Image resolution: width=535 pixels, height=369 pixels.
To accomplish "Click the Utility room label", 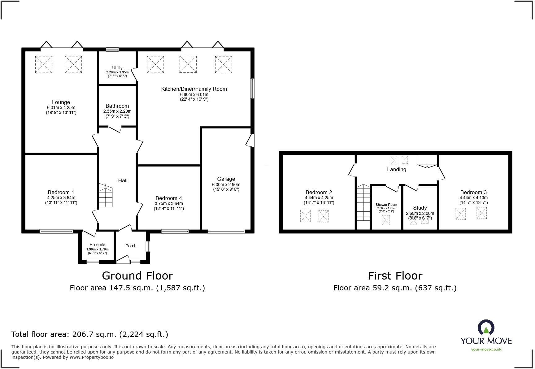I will (117, 68).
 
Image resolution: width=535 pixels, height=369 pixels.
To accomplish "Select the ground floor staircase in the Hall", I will (106, 195).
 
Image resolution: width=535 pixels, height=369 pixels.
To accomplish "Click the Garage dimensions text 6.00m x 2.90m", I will (226, 184).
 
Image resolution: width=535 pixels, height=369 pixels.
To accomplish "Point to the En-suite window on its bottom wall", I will (93, 262).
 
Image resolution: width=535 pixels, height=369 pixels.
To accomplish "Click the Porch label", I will (131, 246).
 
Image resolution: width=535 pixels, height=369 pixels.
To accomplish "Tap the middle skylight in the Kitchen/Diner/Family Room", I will (188, 64).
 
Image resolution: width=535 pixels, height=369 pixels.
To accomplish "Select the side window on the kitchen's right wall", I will (252, 89).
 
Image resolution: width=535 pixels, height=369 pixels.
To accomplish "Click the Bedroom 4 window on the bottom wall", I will (175, 231).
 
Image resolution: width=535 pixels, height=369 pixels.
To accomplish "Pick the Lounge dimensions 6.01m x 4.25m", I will (61, 107).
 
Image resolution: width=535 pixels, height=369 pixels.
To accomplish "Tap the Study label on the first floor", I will (420, 208).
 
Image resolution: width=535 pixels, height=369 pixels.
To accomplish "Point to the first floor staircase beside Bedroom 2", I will (363, 203).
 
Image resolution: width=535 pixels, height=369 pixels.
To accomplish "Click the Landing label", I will (396, 169).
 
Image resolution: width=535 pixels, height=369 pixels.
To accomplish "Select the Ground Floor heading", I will (137, 276).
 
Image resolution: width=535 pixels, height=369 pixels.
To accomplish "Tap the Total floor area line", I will (90, 334).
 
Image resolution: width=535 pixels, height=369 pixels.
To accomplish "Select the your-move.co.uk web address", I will (486, 349).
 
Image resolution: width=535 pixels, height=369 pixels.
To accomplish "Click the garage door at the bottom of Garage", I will (226, 231).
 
